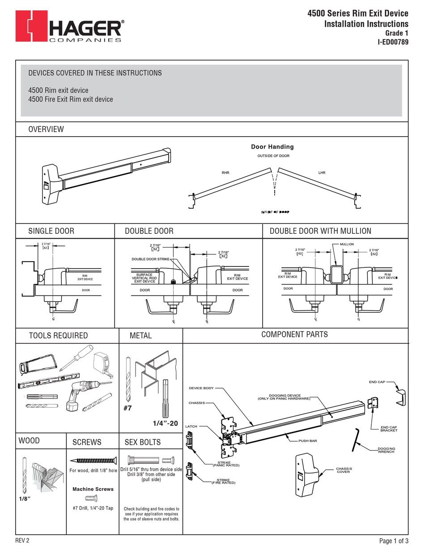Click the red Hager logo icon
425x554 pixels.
click(x=30, y=27)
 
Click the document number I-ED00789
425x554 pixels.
click(x=393, y=43)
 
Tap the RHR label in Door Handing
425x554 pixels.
click(x=225, y=172)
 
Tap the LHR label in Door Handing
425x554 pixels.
click(x=322, y=172)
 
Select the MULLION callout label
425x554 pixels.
click(x=347, y=244)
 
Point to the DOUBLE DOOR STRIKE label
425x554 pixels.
click(x=150, y=259)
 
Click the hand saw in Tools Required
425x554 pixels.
click(x=38, y=364)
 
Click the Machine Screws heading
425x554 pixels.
click(x=93, y=489)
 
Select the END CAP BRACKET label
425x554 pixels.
click(x=389, y=429)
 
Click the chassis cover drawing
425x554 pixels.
click(x=308, y=475)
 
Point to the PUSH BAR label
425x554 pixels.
click(x=308, y=441)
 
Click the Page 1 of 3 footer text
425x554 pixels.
click(x=394, y=541)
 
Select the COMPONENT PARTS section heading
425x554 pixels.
click(x=294, y=335)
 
